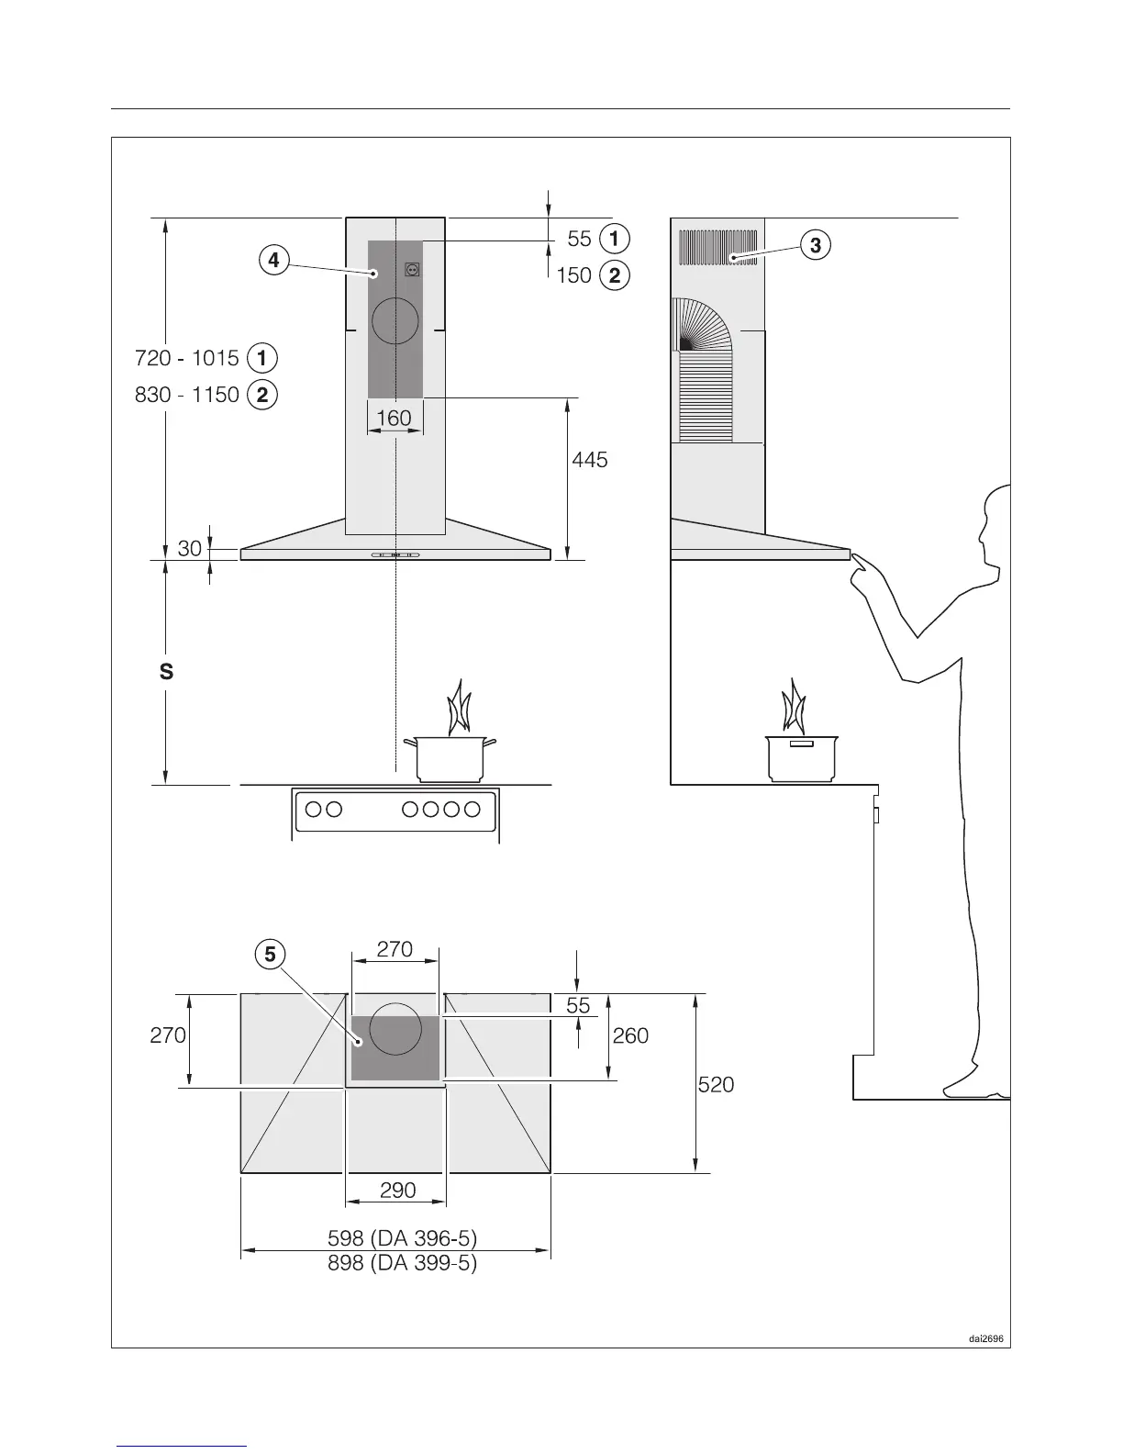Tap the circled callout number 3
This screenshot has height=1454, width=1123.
pyautogui.click(x=815, y=245)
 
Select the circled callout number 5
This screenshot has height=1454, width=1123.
pyautogui.click(x=269, y=955)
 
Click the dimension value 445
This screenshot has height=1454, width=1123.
pyautogui.click(x=589, y=460)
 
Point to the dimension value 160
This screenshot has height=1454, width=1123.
pyautogui.click(x=394, y=419)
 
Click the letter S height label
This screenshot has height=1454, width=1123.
pyautogui.click(x=166, y=672)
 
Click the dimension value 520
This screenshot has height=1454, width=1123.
pyautogui.click(x=716, y=1085)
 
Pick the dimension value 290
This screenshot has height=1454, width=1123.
pyautogui.click(x=397, y=1191)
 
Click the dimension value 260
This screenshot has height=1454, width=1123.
pyautogui.click(x=630, y=1036)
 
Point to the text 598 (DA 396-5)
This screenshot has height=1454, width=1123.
pyautogui.click(x=402, y=1239)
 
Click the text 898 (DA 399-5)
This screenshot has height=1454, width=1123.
pyautogui.click(x=402, y=1264)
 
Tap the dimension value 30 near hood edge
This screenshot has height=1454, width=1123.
pyautogui.click(x=189, y=549)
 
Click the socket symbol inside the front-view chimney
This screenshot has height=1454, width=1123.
pyautogui.click(x=412, y=271)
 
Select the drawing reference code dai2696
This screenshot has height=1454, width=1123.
pyautogui.click(x=987, y=1338)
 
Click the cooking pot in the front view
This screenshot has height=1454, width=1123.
pyautogui.click(x=450, y=757)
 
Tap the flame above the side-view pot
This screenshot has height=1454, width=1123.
pyautogui.click(x=792, y=707)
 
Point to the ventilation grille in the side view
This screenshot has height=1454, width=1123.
pyautogui.click(x=717, y=248)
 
